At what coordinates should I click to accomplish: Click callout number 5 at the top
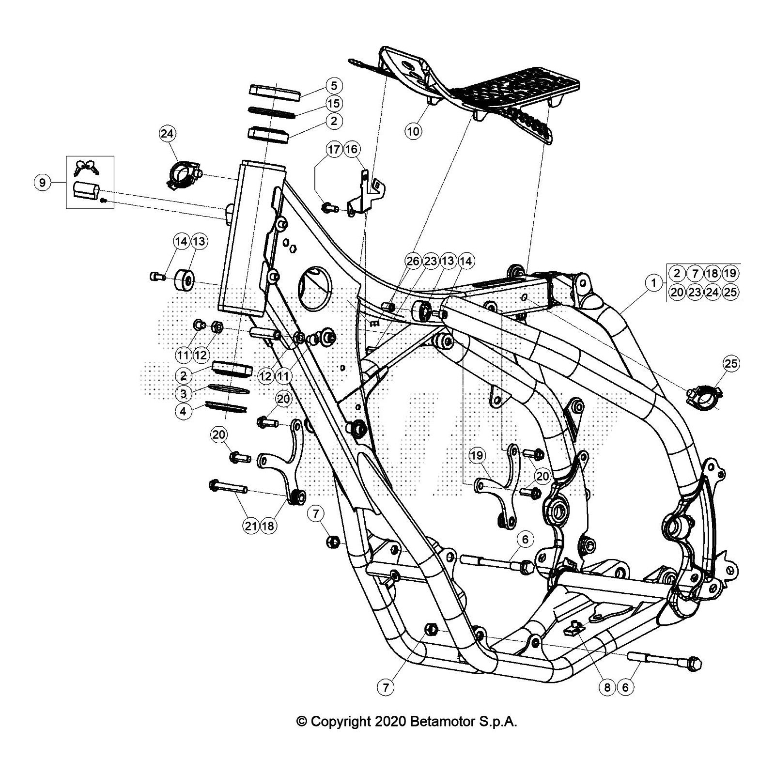[x=334, y=86]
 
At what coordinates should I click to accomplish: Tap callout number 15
[x=334, y=104]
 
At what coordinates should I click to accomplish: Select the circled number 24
[x=167, y=134]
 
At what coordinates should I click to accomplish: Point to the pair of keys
[x=86, y=167]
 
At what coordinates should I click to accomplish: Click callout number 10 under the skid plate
[x=414, y=131]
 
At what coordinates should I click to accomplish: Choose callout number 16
[x=351, y=149]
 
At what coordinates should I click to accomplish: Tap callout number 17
[x=334, y=149]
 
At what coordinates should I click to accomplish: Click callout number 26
[x=413, y=262]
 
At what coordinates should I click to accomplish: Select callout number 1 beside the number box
[x=654, y=283]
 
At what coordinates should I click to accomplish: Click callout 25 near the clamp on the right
[x=731, y=363]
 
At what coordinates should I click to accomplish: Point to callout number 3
[x=183, y=392]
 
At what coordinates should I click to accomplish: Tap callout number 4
[x=183, y=412]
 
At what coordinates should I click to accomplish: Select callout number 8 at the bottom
[x=608, y=687]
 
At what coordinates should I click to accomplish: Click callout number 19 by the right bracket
[x=477, y=455]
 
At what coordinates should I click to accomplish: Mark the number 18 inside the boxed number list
[x=712, y=274]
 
